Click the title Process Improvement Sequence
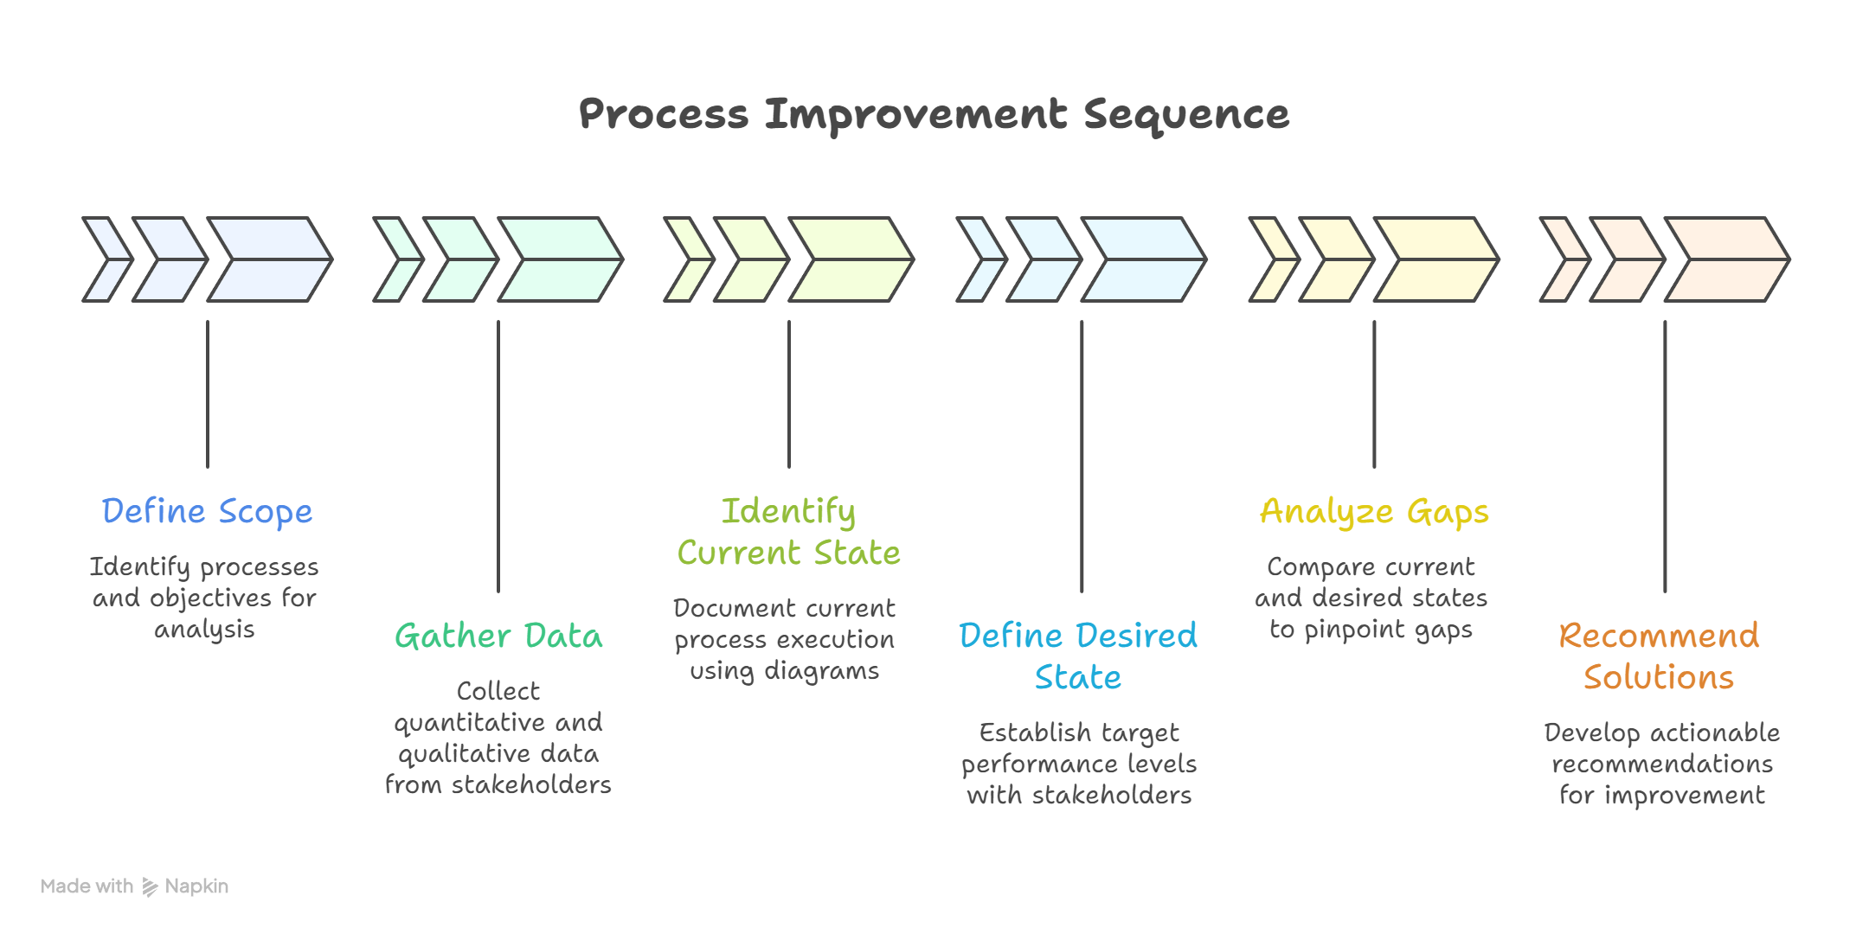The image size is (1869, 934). click(x=934, y=115)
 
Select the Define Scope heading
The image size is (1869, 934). click(x=207, y=511)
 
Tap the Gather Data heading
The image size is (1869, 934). click(x=498, y=637)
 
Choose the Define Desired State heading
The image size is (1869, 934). click(x=1078, y=656)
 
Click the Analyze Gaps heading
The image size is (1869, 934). click(x=1374, y=511)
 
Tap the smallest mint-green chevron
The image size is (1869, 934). click(x=395, y=259)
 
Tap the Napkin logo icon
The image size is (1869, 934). click(x=151, y=886)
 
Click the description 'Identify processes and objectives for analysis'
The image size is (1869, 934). click(x=204, y=598)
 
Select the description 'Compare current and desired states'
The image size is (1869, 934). click(x=1371, y=598)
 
